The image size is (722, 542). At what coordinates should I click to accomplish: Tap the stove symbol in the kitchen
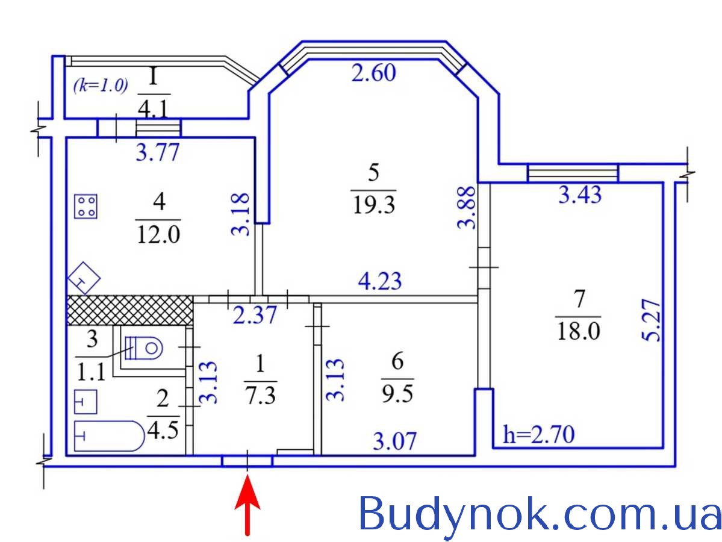pos(86,206)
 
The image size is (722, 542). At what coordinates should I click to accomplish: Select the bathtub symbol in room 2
pos(110,435)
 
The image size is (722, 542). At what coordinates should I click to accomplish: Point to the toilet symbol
pos(144,347)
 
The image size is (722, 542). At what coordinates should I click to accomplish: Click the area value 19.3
pos(373,205)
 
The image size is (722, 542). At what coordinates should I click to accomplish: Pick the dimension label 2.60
pos(373,73)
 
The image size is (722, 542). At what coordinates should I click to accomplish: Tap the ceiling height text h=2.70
pos(539,434)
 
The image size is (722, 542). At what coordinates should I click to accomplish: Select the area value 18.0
pos(578,331)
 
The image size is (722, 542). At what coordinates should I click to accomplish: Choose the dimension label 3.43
pos(580,195)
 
